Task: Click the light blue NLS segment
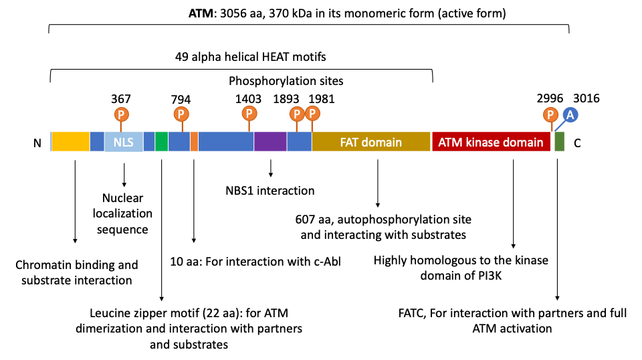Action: pos(124,142)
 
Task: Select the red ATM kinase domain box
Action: pos(491,142)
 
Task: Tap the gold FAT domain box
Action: pos(371,142)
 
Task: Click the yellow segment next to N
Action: pos(70,142)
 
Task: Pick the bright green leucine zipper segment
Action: pos(161,142)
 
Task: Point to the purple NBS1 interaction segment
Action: pos(270,142)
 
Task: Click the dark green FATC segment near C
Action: pos(559,142)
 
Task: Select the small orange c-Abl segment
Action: pos(194,142)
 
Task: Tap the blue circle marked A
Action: pos(570,115)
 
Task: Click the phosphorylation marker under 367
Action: pos(121,114)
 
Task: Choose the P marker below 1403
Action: pos(249,114)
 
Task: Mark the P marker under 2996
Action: pos(550,114)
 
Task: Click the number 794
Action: pos(181,100)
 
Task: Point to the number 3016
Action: pos(586,98)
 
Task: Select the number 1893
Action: pos(286,99)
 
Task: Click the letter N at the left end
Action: pos(37,143)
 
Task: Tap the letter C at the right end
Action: pos(577,143)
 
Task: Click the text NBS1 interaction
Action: pos(270,191)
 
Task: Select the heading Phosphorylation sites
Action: pos(286,81)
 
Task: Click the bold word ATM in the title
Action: pos(201,13)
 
